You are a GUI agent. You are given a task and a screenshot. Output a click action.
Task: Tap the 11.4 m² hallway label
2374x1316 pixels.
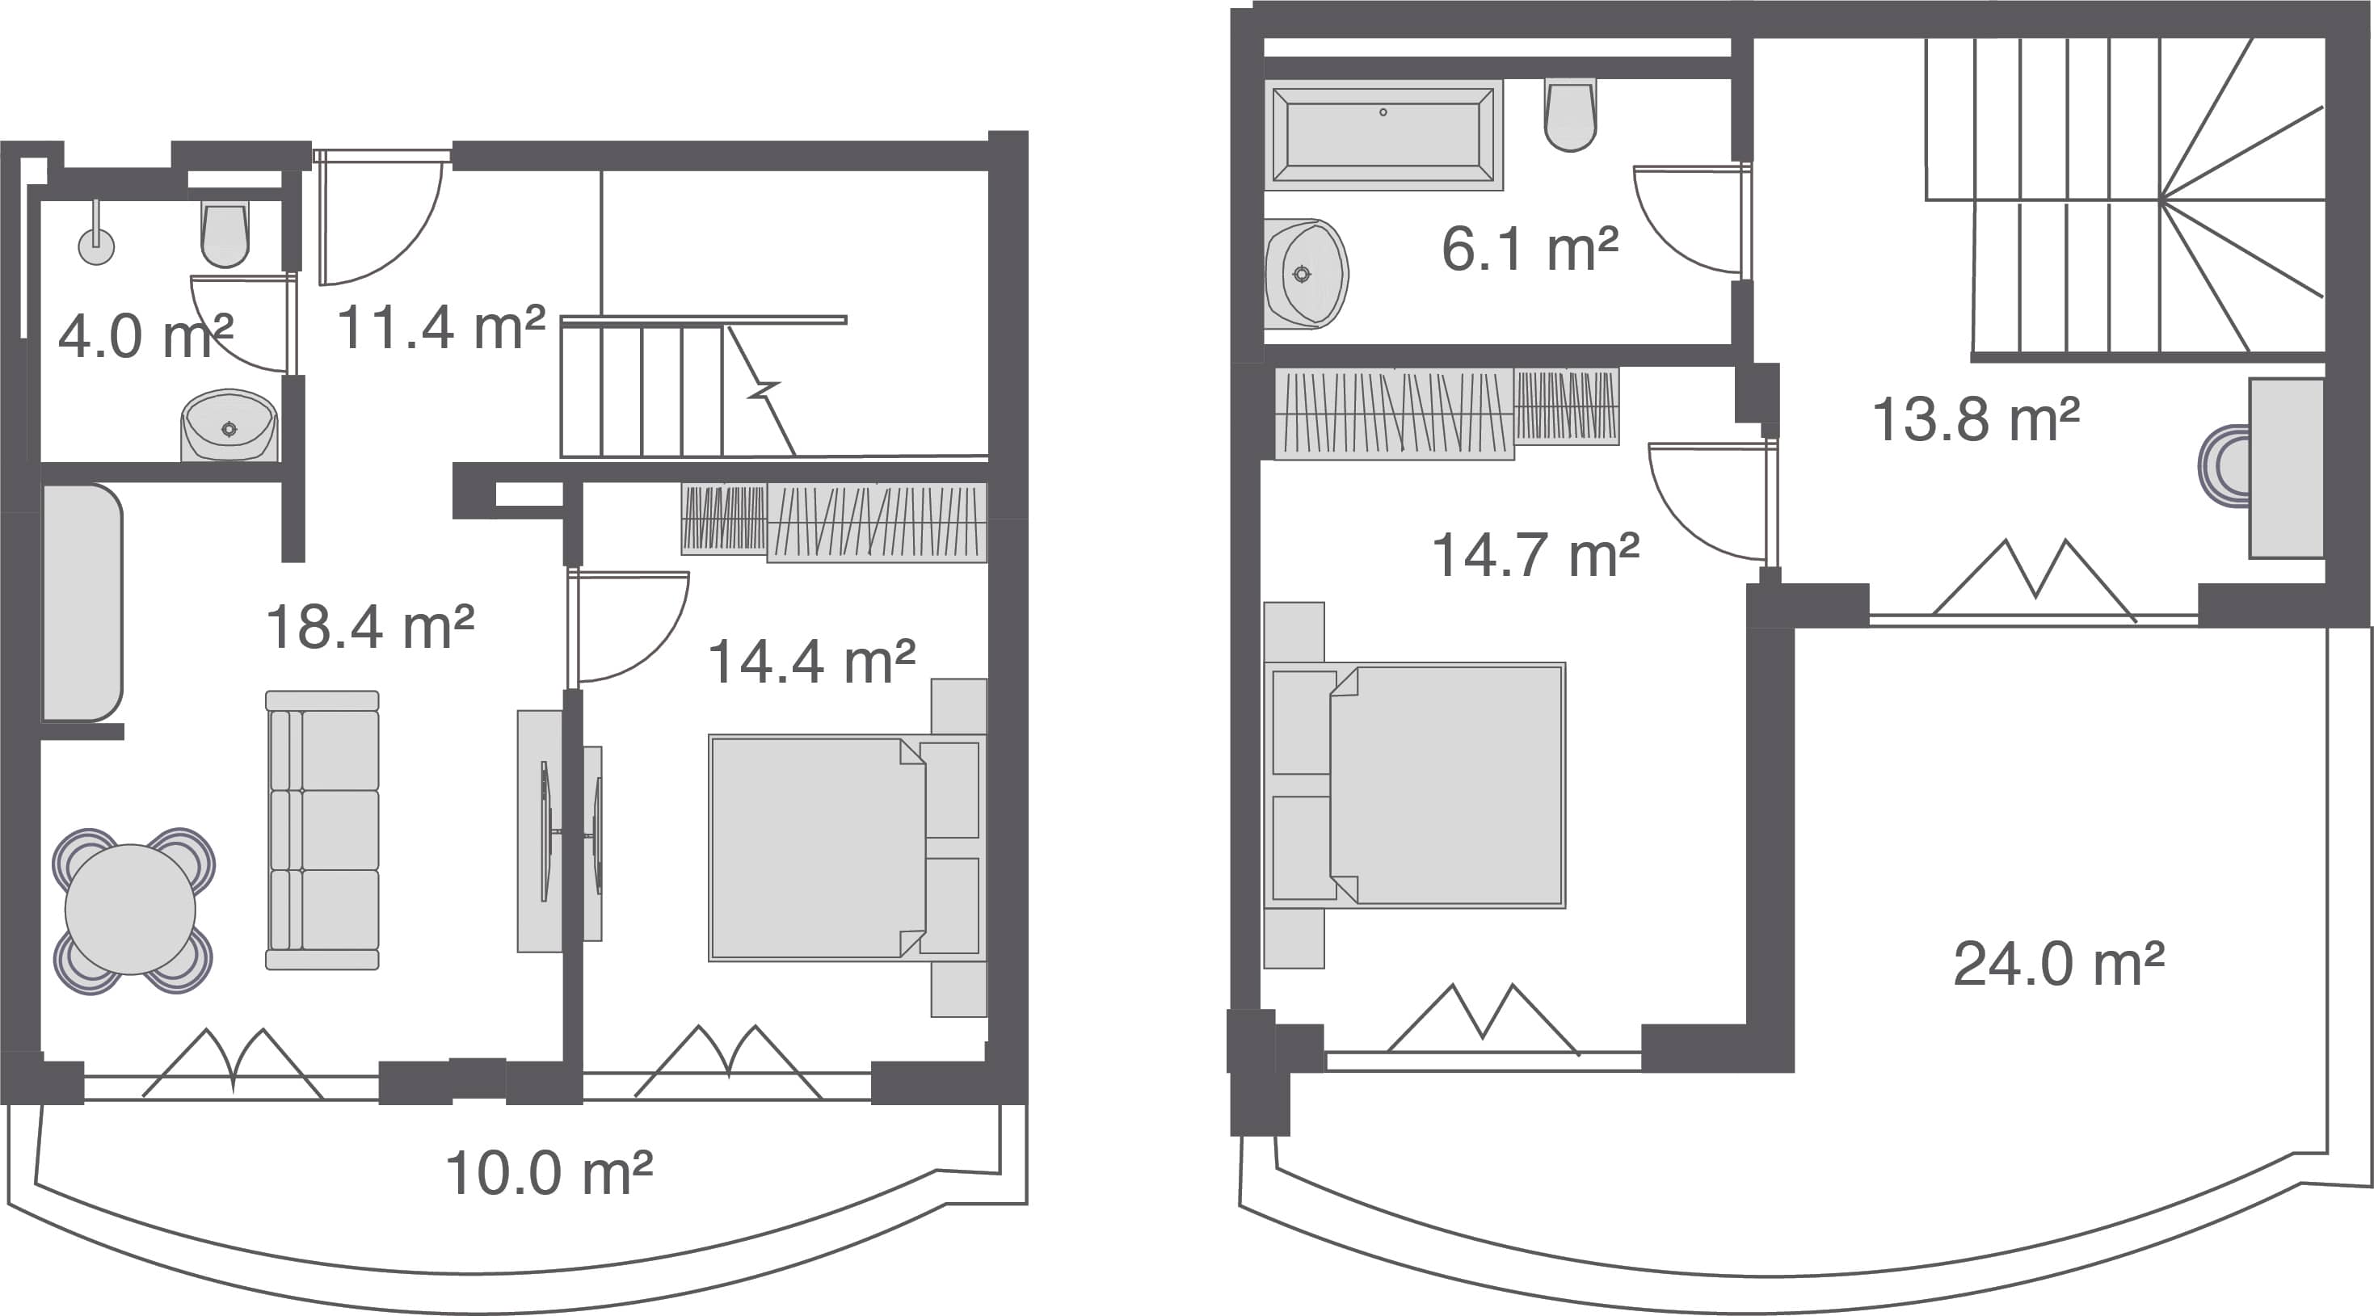[x=440, y=328]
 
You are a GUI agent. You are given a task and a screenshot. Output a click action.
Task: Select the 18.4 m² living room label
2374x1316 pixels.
[x=369, y=628]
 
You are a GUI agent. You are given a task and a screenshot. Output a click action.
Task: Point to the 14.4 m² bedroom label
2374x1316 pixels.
[x=811, y=662]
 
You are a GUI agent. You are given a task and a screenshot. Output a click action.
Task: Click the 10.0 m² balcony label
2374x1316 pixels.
[x=549, y=1173]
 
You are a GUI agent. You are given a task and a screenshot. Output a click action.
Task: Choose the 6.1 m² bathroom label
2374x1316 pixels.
[x=1530, y=249]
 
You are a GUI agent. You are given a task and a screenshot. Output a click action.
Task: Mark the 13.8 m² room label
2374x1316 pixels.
[x=1976, y=419]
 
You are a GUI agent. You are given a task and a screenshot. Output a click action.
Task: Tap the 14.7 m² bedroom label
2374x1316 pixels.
[x=1535, y=556]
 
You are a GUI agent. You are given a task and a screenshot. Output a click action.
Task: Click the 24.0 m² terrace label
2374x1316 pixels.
[x=2059, y=964]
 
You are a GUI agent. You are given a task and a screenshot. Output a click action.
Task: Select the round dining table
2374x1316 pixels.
[x=131, y=910]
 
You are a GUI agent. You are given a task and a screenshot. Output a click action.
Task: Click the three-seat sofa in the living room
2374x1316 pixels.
[x=322, y=830]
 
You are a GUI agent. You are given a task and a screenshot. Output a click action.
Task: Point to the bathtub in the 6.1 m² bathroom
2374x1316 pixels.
[x=1383, y=135]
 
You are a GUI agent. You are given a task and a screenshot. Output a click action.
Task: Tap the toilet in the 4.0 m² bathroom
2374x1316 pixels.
[x=225, y=235]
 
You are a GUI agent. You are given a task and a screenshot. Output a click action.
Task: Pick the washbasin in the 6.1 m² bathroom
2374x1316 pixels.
[x=1305, y=274]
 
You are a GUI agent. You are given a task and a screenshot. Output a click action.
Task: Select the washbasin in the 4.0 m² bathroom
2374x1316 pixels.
[x=229, y=425]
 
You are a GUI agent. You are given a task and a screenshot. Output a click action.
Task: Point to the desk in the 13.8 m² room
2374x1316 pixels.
[x=2286, y=469]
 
